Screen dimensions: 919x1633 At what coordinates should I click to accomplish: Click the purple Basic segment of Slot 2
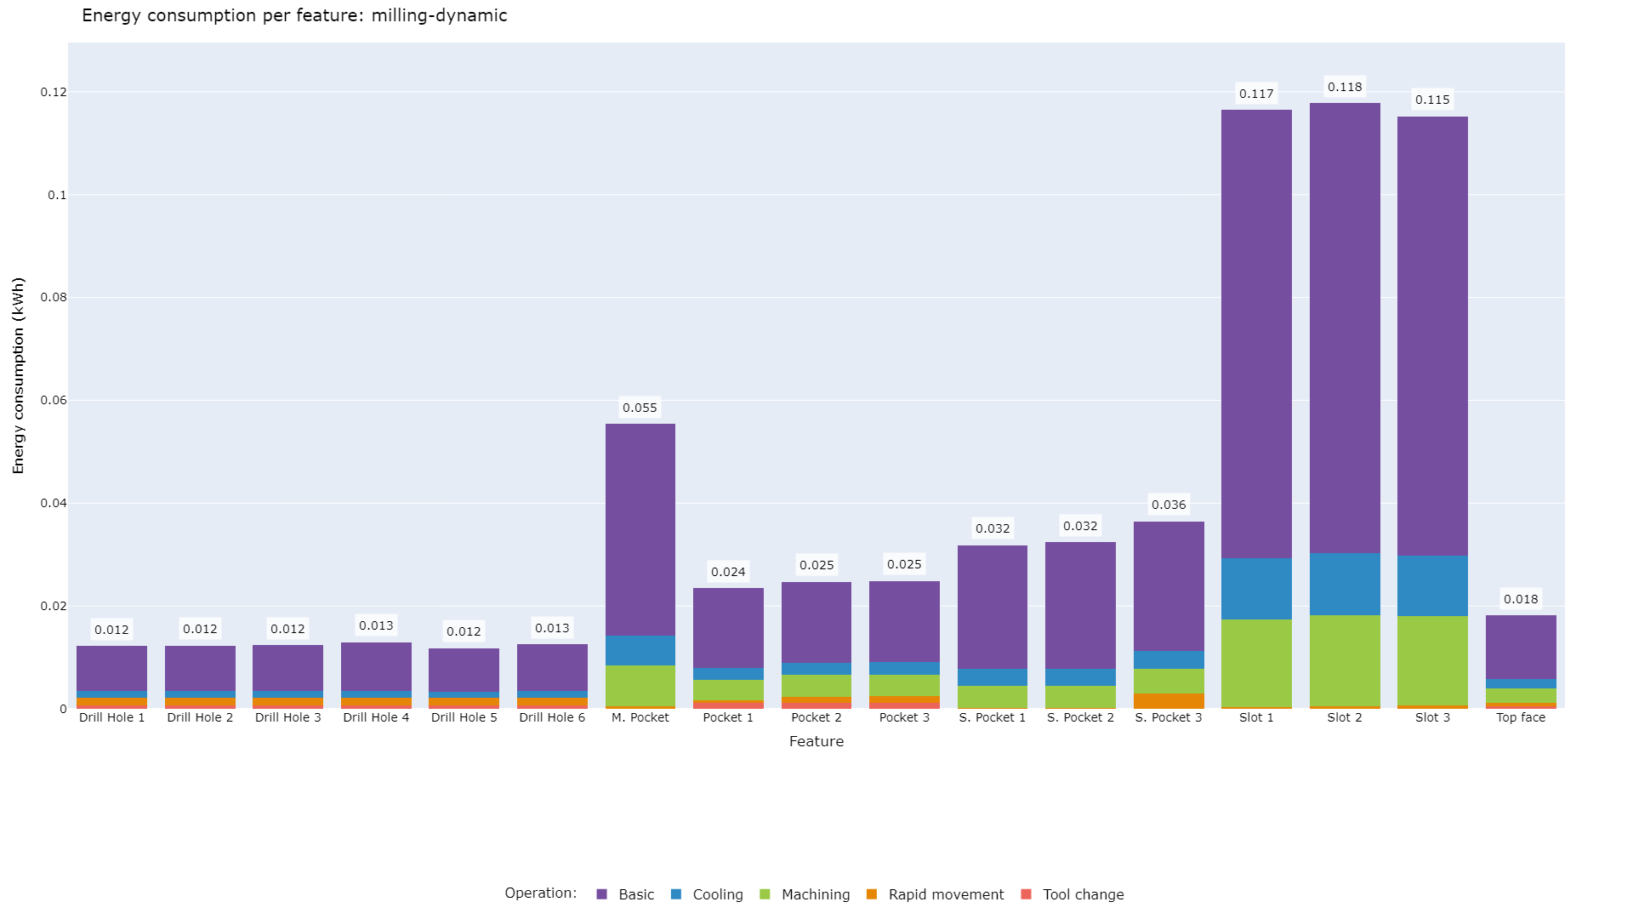point(1345,328)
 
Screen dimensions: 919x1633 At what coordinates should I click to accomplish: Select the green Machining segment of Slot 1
point(1256,663)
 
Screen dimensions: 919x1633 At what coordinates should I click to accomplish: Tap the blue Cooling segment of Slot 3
point(1432,585)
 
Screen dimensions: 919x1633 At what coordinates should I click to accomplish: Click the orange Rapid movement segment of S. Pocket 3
point(1169,700)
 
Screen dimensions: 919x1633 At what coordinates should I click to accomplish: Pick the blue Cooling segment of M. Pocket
point(640,650)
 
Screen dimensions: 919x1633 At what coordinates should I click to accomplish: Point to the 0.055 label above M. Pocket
point(640,408)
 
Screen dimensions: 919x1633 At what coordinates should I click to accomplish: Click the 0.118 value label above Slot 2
point(1345,87)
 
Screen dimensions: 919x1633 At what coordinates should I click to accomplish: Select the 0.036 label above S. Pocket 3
point(1169,505)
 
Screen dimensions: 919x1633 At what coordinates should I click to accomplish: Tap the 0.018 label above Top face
point(1521,599)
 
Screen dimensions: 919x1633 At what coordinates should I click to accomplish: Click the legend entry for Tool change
point(1082,894)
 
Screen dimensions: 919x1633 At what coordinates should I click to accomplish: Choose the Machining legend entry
point(815,894)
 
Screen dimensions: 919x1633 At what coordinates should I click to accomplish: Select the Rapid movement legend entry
point(945,894)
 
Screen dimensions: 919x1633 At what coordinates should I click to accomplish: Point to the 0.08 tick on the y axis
point(53,298)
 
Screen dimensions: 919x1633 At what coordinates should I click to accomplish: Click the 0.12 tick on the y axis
point(53,92)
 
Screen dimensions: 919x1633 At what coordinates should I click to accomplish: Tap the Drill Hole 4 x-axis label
point(376,717)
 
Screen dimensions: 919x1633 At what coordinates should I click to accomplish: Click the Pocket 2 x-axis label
point(816,717)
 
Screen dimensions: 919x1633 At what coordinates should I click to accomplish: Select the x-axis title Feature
point(816,741)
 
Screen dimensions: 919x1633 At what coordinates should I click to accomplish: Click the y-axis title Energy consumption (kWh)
point(19,375)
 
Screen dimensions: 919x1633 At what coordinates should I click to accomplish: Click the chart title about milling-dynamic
point(294,15)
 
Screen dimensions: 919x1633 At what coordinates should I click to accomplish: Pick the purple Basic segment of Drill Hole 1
point(111,668)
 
